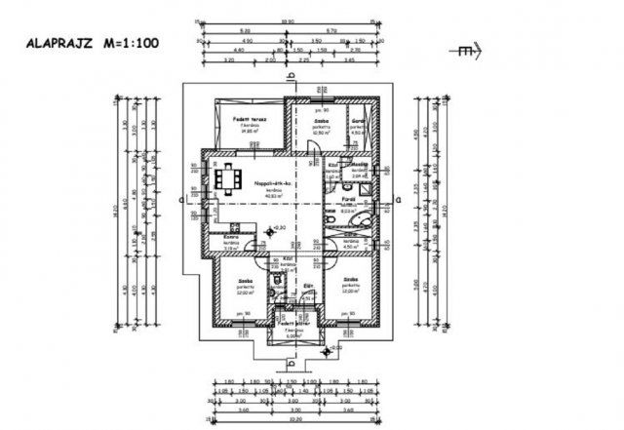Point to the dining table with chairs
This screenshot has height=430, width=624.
click(x=231, y=178)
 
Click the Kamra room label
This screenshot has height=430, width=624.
click(x=232, y=238)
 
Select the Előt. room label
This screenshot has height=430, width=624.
click(x=308, y=286)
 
